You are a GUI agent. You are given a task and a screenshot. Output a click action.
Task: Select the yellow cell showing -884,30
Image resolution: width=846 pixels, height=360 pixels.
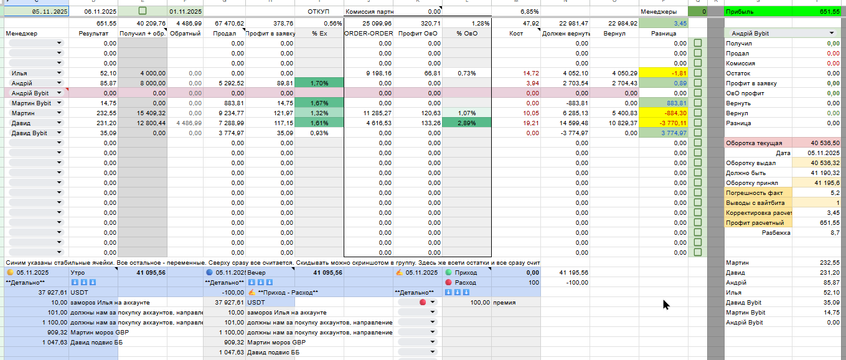click(663, 113)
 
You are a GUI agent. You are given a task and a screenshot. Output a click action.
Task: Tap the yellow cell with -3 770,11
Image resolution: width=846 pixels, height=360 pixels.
click(663, 123)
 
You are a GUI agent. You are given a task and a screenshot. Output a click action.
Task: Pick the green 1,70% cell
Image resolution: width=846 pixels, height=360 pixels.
click(319, 83)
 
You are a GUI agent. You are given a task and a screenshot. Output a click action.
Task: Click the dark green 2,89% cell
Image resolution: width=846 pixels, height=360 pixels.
click(467, 123)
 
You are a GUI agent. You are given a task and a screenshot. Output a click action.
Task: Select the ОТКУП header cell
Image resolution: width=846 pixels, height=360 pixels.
click(319, 12)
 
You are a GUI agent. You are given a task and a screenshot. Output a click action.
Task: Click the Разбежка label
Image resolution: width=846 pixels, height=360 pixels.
click(776, 233)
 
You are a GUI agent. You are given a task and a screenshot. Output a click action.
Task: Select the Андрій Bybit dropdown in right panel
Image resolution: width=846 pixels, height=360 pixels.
click(783, 33)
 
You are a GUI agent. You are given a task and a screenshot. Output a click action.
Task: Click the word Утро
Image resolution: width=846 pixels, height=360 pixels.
click(78, 273)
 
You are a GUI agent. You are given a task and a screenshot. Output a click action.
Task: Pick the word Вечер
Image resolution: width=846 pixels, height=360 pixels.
click(256, 273)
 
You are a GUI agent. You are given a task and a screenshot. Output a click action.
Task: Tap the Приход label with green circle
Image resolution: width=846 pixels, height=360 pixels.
click(466, 273)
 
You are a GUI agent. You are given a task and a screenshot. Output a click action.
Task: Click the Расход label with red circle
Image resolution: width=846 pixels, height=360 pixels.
click(465, 283)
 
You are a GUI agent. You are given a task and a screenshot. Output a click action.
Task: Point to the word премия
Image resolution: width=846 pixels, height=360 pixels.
click(505, 303)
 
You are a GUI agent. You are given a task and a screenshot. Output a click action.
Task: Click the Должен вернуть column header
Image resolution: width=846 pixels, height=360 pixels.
click(565, 33)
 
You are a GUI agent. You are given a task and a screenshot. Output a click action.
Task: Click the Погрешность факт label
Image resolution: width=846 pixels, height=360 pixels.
click(754, 193)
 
